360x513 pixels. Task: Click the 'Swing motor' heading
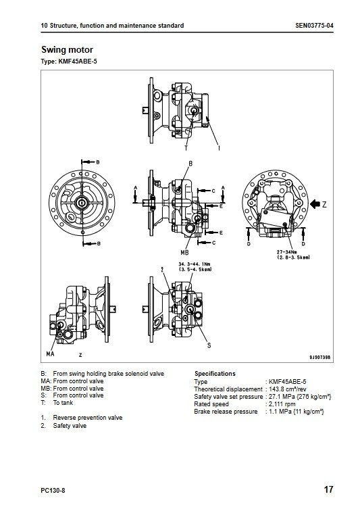pos(67,50)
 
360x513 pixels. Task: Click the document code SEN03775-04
pos(314,26)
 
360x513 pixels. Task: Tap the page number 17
pos(328,489)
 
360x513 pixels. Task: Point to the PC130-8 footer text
pos(53,491)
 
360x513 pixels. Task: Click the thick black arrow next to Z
pos(315,204)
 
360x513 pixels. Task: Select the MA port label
pos(50,353)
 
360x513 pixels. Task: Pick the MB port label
pos(184,253)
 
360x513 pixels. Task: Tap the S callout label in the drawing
pos(209,345)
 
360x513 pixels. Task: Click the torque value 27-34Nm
pos(285,252)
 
